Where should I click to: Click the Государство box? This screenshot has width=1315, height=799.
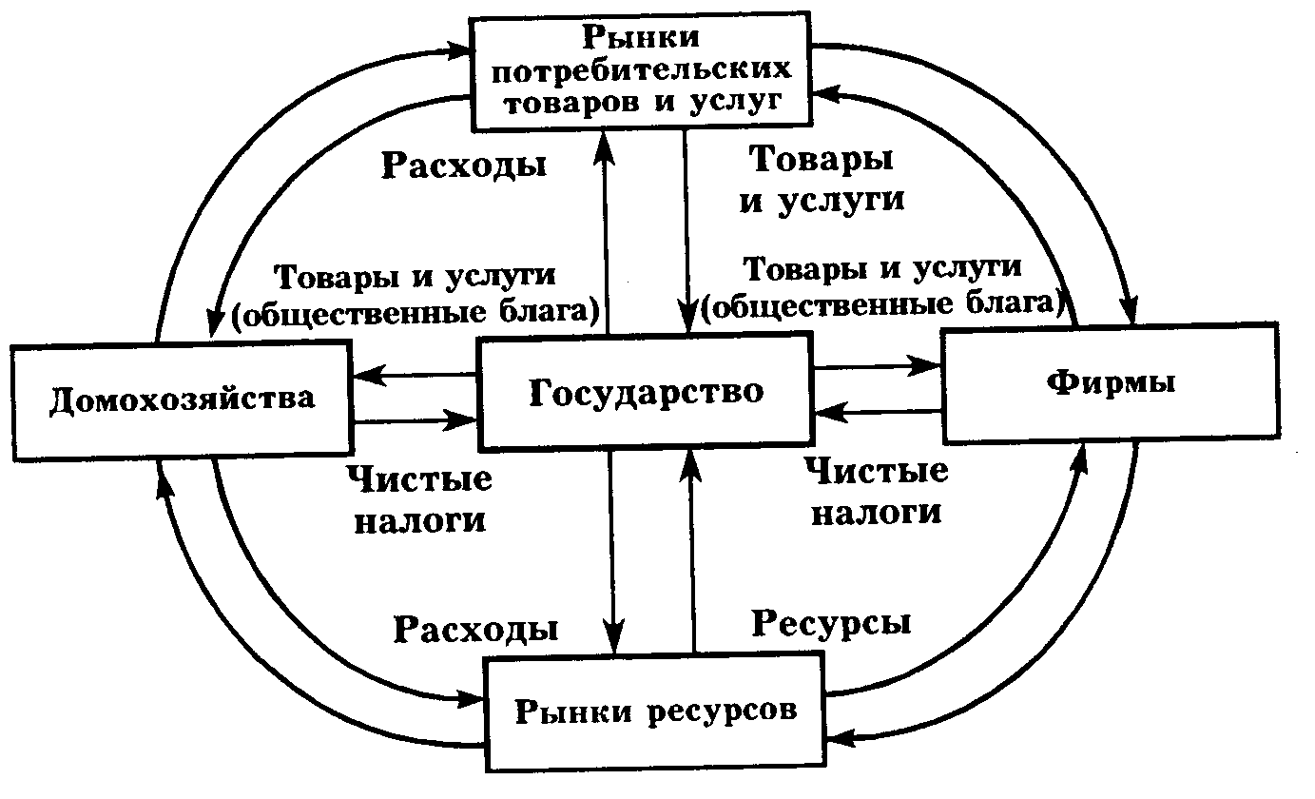coord(645,391)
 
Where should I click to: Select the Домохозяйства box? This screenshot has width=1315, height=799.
coord(181,397)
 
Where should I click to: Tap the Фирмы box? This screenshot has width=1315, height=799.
coord(1111,383)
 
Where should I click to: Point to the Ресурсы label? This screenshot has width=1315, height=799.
coord(831,623)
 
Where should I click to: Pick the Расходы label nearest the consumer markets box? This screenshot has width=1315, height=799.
coord(464,165)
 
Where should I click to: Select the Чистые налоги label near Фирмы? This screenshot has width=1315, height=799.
coord(875,491)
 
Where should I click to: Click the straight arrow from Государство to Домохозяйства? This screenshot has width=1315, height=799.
coord(413,376)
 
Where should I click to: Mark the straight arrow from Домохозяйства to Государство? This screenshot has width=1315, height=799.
coord(413,419)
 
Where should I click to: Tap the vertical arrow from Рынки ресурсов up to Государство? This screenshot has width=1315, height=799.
coord(694,552)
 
